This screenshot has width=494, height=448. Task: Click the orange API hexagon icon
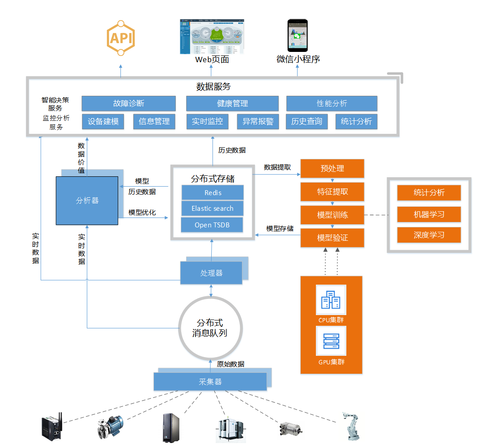point(120,38)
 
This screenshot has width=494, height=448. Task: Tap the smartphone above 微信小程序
point(298,35)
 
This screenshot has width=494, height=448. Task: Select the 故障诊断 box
point(128,103)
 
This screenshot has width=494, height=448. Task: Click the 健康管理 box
point(232,103)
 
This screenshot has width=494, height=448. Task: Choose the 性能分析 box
point(332,103)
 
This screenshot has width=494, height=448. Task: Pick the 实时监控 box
point(207,121)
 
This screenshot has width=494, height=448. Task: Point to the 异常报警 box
point(258,121)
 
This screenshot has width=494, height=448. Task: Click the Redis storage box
point(213,192)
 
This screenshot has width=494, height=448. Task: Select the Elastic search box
point(213,209)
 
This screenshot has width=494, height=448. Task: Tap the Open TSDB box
point(212,225)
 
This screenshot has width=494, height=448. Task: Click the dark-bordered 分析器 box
point(87,201)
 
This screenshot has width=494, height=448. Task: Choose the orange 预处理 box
point(332,168)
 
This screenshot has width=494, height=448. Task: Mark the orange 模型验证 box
point(332,238)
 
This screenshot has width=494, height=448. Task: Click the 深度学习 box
point(429,235)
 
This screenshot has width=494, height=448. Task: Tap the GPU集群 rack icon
point(331,341)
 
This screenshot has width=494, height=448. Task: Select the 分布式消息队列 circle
point(210,328)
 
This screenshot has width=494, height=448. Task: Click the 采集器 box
point(210,382)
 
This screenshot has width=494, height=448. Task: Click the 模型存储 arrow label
point(280,228)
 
